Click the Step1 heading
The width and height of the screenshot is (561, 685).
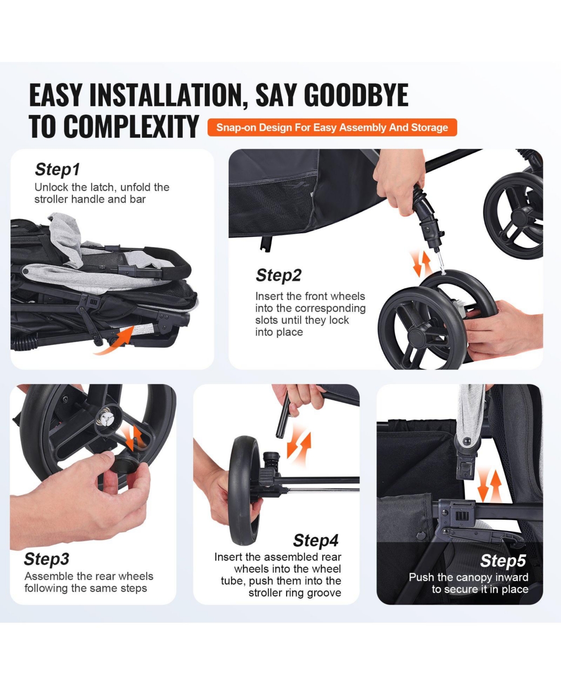point(57,170)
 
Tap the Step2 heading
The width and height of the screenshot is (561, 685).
point(279,275)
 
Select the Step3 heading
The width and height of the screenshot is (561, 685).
point(46,559)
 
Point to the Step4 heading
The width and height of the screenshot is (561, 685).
point(316,541)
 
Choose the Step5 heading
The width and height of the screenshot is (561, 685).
point(503,561)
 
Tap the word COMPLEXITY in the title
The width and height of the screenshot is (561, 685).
point(114,126)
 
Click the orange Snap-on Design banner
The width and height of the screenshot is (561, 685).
point(332,127)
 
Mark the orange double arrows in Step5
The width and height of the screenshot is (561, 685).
point(489,486)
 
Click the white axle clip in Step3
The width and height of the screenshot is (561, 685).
point(106,419)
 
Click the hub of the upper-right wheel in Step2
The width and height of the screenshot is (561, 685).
point(519,216)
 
